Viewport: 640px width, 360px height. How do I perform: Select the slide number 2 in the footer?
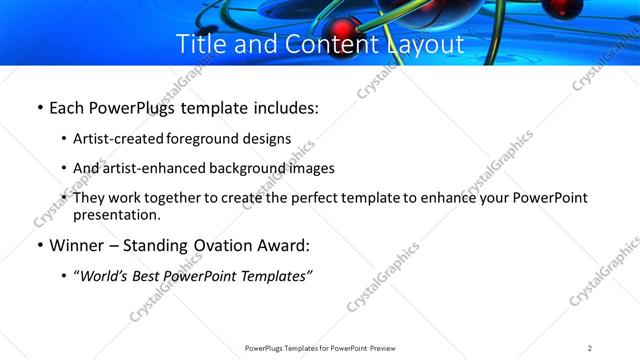(590, 348)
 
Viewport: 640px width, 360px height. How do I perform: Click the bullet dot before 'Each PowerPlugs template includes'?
(38, 105)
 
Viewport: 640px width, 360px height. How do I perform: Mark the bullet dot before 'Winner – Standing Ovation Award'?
(38, 246)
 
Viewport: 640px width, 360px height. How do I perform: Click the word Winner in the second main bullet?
(78, 246)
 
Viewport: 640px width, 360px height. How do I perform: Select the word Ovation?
(219, 246)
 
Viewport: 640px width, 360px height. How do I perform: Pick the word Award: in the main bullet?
(283, 246)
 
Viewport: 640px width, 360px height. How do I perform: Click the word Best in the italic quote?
(151, 276)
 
